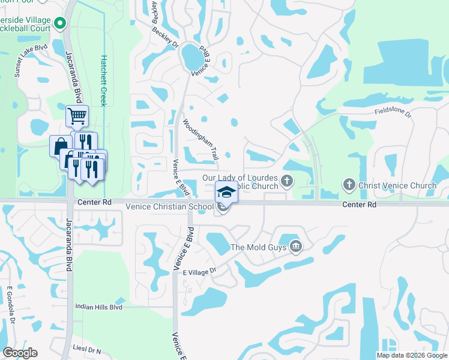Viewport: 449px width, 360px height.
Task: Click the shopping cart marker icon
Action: click(x=77, y=115)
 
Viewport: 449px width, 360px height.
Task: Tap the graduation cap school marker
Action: click(x=226, y=192)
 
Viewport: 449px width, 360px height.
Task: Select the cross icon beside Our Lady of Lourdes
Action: click(x=288, y=179)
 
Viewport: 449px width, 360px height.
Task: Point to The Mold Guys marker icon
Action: click(x=295, y=246)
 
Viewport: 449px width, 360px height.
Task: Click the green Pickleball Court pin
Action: click(x=59, y=24)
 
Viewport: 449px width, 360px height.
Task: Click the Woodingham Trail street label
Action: click(x=200, y=139)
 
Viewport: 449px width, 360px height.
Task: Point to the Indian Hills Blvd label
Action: click(x=98, y=307)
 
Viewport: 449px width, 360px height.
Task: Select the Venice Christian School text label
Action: click(x=169, y=207)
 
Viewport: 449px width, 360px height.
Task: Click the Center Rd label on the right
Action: click(x=359, y=205)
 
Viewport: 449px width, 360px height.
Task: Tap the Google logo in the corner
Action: click(x=20, y=353)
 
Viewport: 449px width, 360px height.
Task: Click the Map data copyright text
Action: click(x=412, y=355)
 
